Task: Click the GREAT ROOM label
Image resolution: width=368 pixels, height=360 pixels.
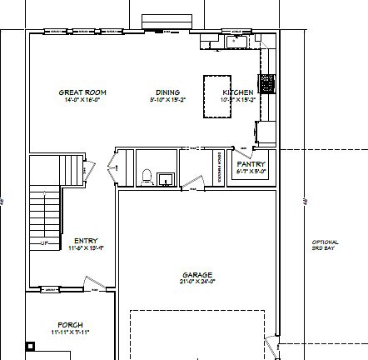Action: coord(82,92)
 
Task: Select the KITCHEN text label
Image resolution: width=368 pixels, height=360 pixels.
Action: coord(237,92)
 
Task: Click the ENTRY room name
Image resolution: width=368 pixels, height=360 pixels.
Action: coord(85,241)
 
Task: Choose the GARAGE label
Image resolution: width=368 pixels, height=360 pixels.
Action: coord(198,274)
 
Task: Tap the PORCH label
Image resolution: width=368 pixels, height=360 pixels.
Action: coord(70,324)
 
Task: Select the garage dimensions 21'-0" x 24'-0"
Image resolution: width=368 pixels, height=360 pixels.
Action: coord(198,281)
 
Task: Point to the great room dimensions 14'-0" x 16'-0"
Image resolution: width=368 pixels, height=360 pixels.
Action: coord(82,98)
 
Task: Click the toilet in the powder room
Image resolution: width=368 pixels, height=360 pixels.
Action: coord(147,177)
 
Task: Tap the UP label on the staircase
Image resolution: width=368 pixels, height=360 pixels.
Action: coord(44,243)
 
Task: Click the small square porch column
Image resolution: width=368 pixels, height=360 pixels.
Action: coord(31,344)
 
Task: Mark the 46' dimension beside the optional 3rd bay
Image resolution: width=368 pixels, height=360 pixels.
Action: coord(306,201)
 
